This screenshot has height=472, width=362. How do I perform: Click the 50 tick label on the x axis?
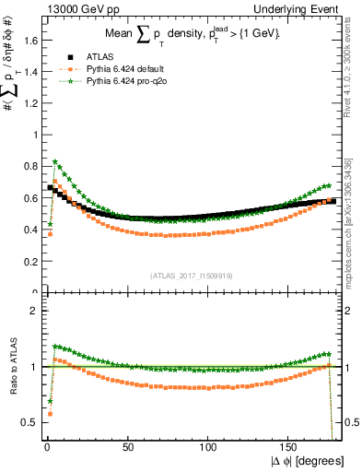[x=128, y=445]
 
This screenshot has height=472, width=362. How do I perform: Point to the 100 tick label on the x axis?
[x=209, y=445]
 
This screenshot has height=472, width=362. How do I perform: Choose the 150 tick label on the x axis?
[x=290, y=445]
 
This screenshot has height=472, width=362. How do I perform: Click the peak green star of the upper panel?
[x=56, y=161]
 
